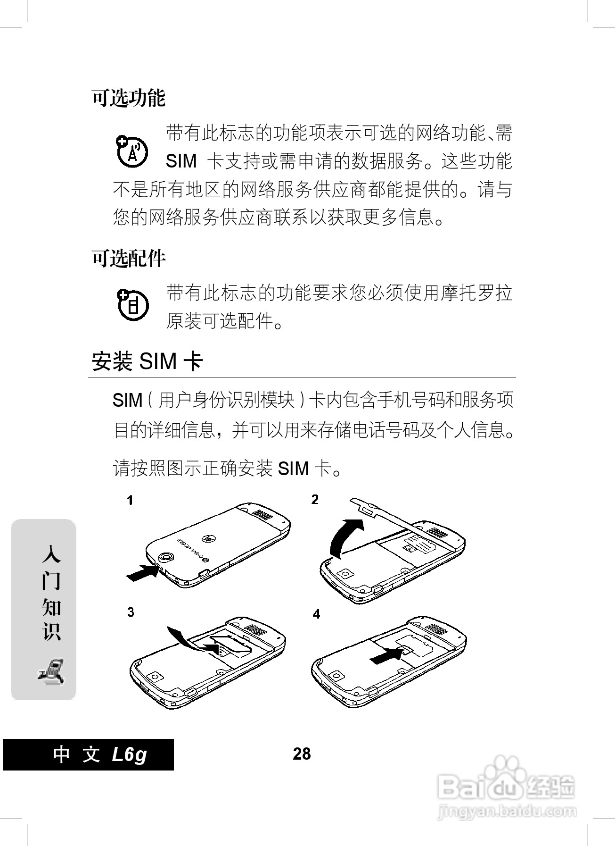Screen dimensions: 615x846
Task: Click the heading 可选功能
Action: (128, 98)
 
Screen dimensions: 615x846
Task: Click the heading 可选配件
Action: (128, 258)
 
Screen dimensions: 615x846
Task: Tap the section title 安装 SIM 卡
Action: (147, 361)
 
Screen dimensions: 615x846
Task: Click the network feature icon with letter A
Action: (132, 151)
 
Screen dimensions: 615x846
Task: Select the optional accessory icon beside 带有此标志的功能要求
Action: (132, 304)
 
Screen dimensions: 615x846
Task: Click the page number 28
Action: (302, 754)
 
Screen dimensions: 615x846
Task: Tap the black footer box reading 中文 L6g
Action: (89, 754)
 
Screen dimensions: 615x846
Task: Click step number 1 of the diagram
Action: (130, 500)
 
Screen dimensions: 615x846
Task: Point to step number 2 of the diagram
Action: (315, 499)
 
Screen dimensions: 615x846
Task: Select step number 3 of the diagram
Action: (131, 612)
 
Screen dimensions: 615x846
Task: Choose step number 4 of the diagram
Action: (316, 614)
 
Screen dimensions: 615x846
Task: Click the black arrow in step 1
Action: (143, 574)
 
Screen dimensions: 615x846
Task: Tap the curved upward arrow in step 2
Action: (344, 536)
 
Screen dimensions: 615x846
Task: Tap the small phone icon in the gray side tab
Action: (51, 670)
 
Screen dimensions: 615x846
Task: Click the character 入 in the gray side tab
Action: (51, 554)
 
